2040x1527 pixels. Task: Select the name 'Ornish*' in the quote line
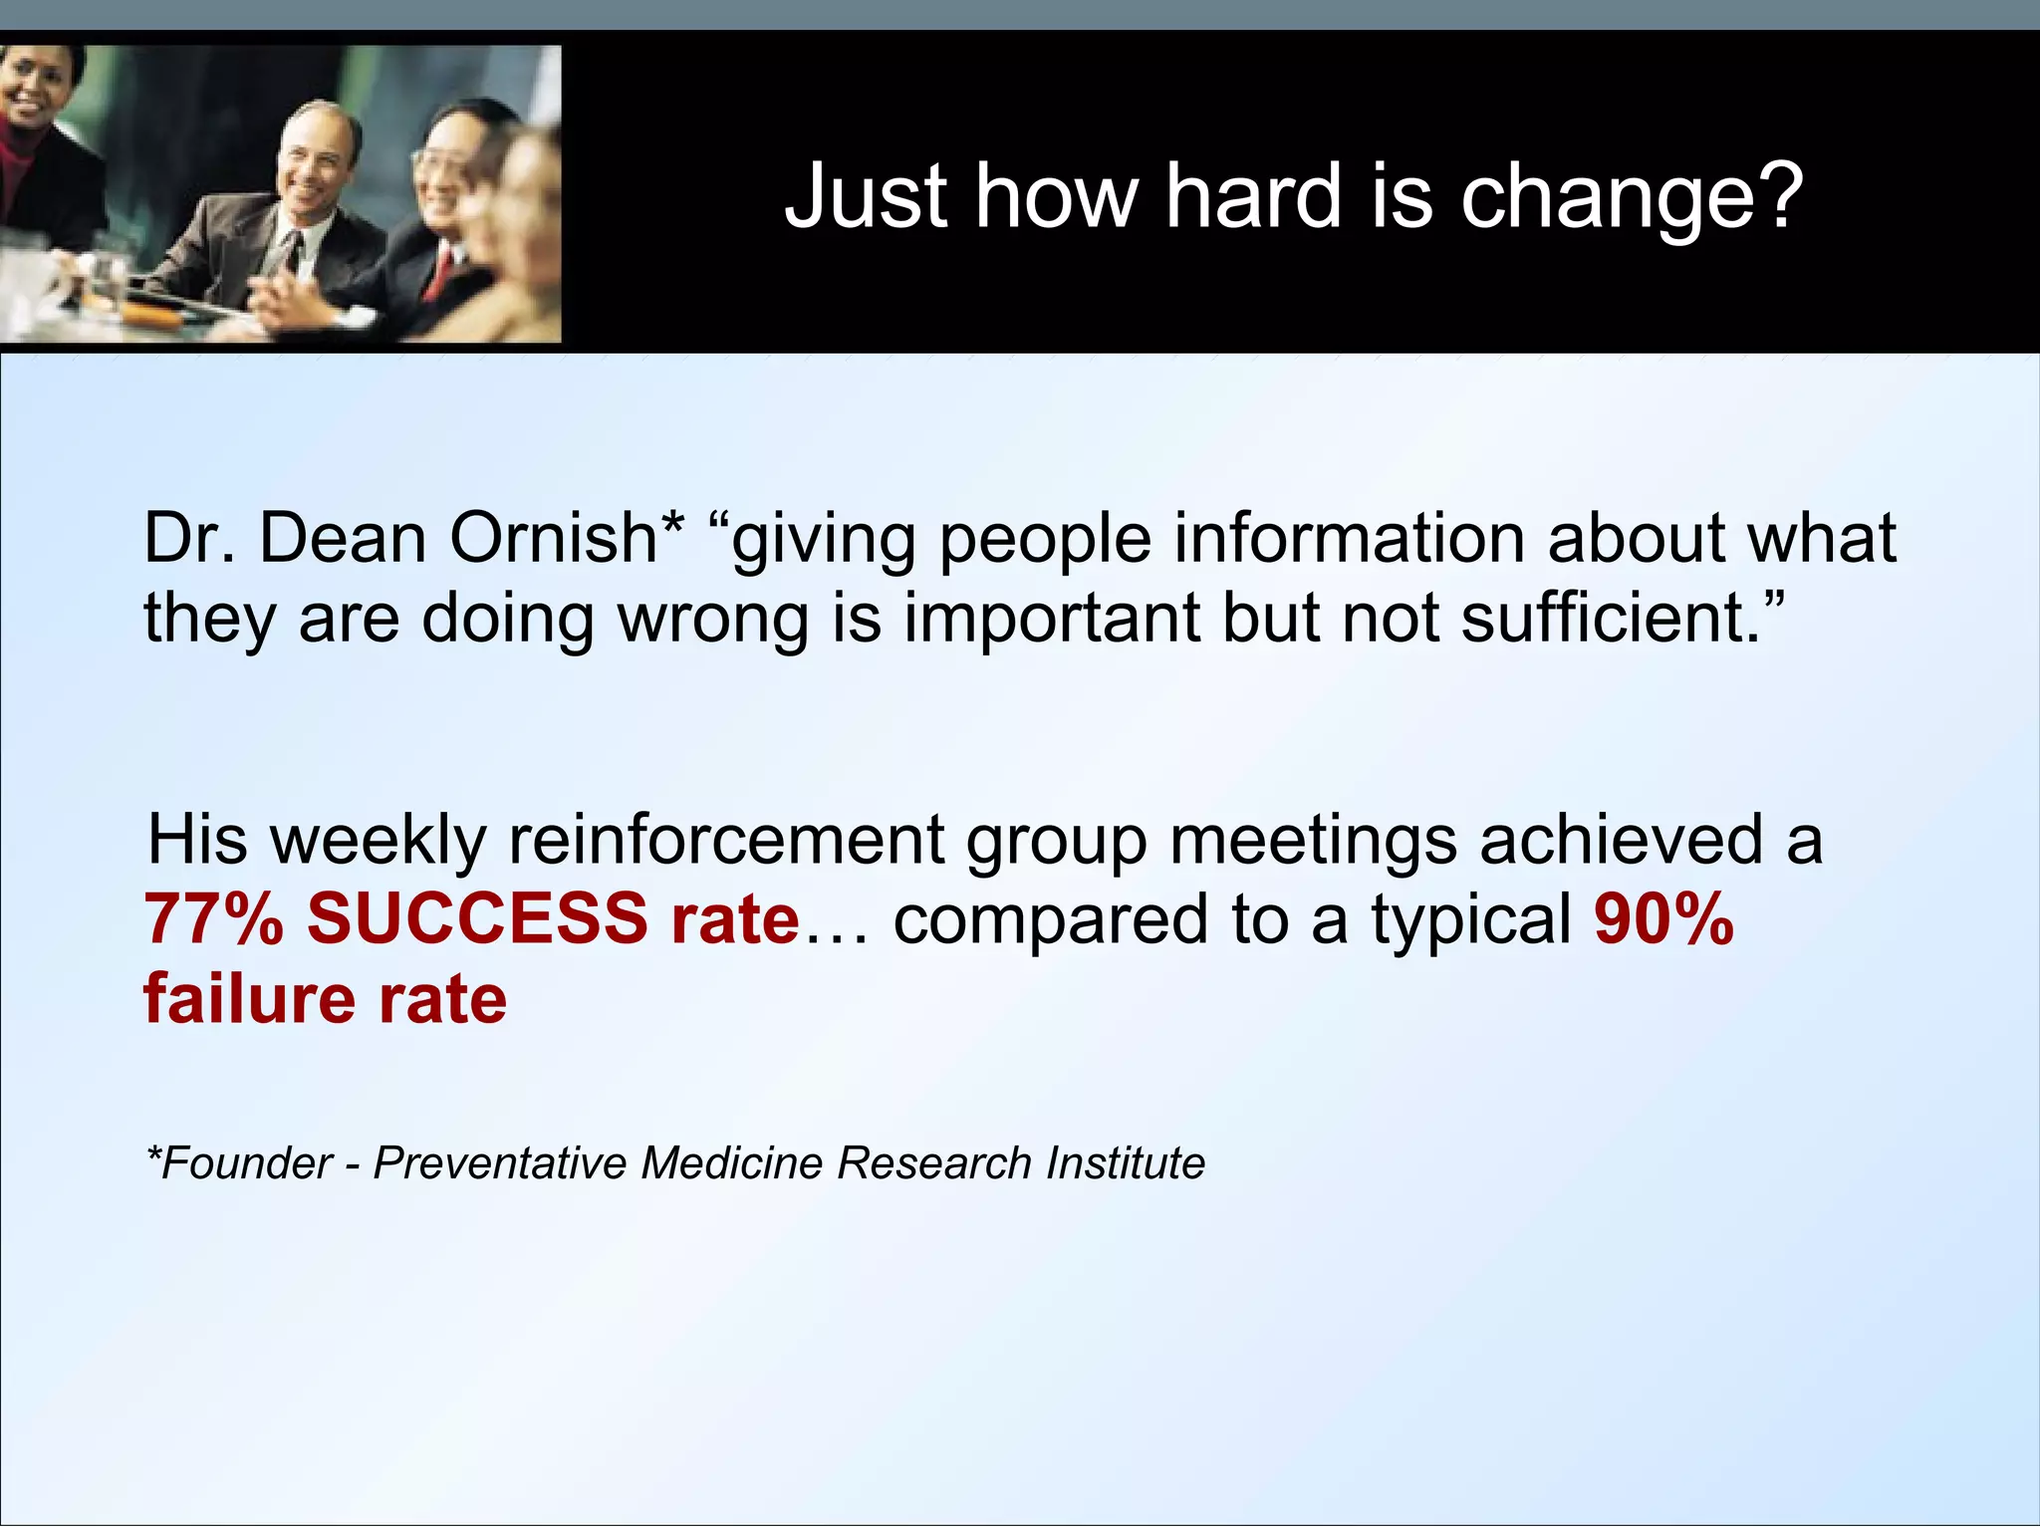pos(567,538)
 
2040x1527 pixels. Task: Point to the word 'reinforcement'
pos(726,839)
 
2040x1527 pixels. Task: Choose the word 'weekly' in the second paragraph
pos(379,841)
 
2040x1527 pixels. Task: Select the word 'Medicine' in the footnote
pos(731,1162)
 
